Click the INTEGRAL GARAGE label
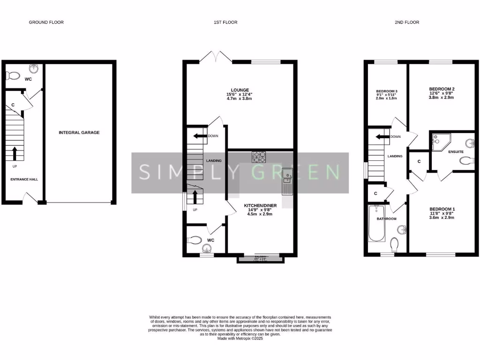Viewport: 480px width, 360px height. click(79, 133)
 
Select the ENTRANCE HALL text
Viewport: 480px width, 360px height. click(24, 179)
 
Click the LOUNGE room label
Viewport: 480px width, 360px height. click(240, 90)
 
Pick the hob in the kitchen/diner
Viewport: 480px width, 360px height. click(259, 157)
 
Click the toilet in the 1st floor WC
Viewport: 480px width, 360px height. click(195, 240)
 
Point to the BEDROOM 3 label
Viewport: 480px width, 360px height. click(387, 91)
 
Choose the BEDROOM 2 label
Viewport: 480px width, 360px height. click(442, 89)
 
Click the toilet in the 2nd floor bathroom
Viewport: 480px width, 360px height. click(394, 244)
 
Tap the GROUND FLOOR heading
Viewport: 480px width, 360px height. click(46, 22)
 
